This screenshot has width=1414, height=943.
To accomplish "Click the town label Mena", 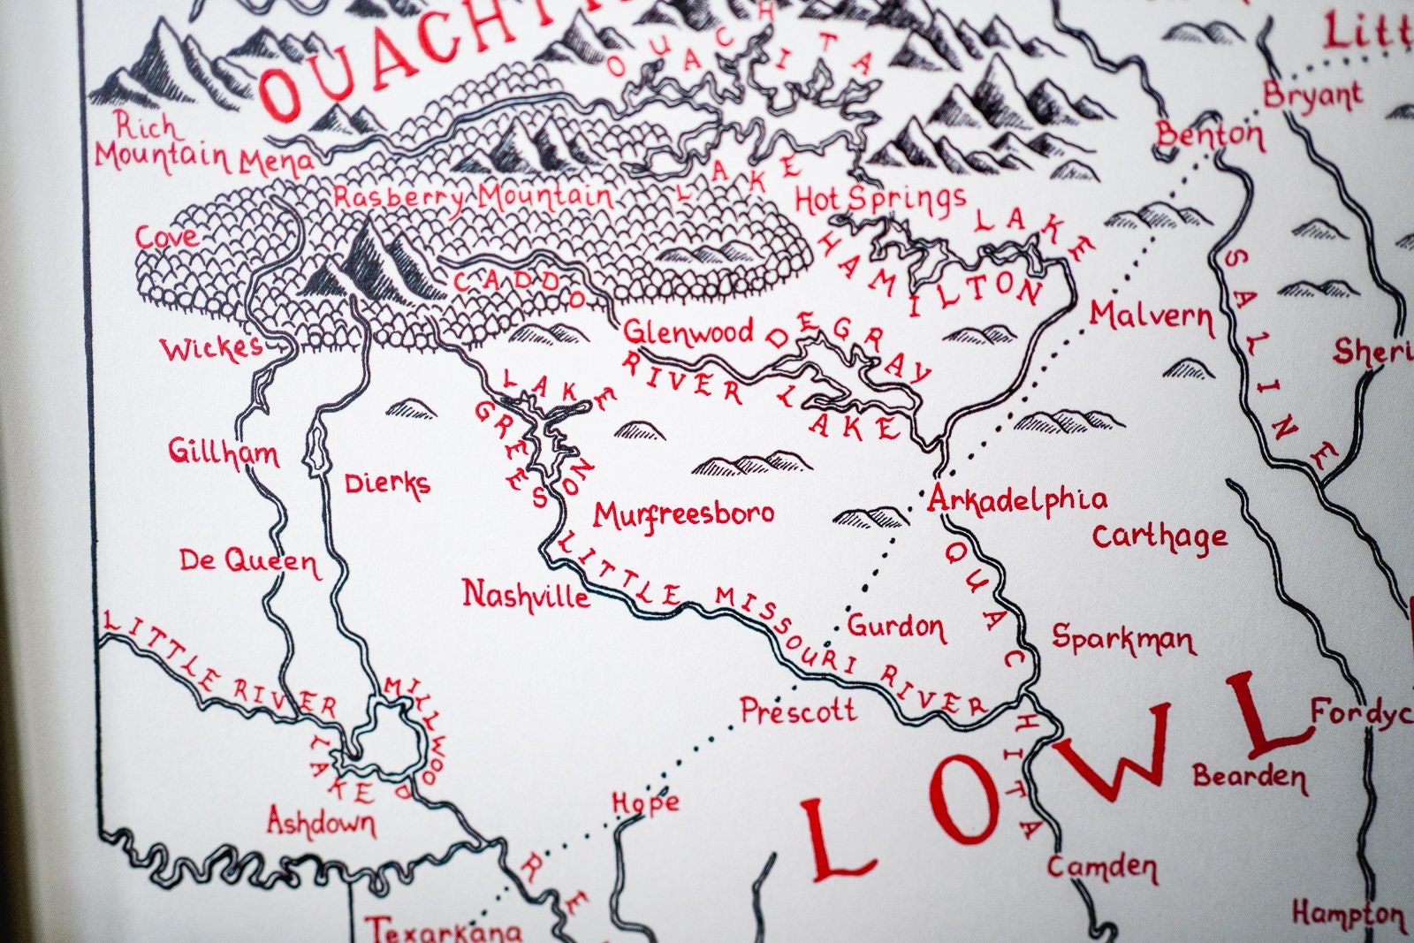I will [x=276, y=162].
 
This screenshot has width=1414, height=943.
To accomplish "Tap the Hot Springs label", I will [x=880, y=201].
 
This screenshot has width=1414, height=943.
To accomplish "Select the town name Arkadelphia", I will [x=1017, y=500].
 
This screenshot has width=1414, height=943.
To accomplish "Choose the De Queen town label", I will [x=248, y=561].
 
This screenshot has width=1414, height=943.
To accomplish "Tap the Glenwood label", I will [x=688, y=332].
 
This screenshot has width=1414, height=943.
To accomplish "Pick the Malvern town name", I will [x=1152, y=316].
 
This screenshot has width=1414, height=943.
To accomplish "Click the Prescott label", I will [x=798, y=710].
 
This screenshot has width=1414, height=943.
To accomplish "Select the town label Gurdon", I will [x=896, y=627].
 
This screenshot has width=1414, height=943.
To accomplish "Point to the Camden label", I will [x=1102, y=867].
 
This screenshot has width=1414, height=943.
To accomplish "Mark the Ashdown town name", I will [x=321, y=823].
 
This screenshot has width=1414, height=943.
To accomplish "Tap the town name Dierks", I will [x=387, y=483].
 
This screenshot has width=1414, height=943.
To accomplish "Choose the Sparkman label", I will [x=1122, y=638].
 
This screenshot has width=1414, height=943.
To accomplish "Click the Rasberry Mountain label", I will [x=473, y=197].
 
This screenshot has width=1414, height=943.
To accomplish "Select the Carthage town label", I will [x=1159, y=536].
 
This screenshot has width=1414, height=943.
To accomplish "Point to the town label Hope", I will [x=646, y=802].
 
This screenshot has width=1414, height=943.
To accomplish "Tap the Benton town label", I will [x=1210, y=135].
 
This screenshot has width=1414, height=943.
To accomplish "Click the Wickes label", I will [x=211, y=348].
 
